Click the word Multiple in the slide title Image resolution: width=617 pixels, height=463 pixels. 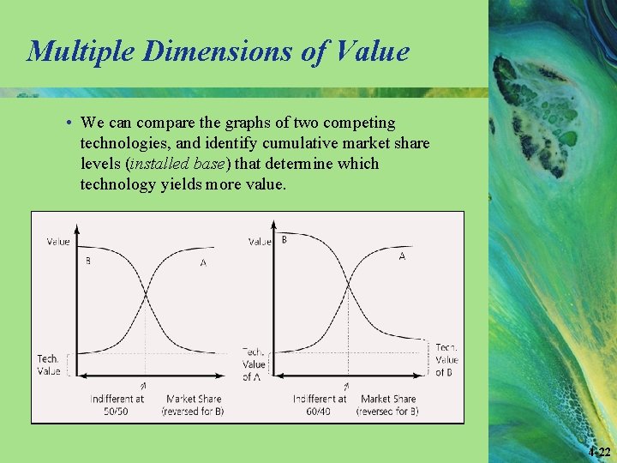pos(80,51)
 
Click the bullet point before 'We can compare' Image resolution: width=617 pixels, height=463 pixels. pos(69,123)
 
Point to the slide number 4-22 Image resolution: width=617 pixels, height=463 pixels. pos(600,452)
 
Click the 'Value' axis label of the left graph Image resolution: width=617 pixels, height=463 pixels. pos(58,242)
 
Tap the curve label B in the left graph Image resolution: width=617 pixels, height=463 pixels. pos(87,261)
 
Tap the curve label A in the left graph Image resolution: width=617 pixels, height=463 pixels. pos(203,262)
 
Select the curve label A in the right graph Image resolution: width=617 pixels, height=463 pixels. pos(402,256)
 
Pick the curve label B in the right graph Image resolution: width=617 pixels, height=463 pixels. pos(285,239)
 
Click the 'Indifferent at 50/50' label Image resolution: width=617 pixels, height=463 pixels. pos(117,405)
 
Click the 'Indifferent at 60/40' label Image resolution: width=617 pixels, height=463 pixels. pos(320,405)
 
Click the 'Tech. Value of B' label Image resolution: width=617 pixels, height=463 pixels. pos(446,360)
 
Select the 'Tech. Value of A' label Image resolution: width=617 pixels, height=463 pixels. pos(254,364)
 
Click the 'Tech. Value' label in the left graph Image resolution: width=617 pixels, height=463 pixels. pos(49,364)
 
